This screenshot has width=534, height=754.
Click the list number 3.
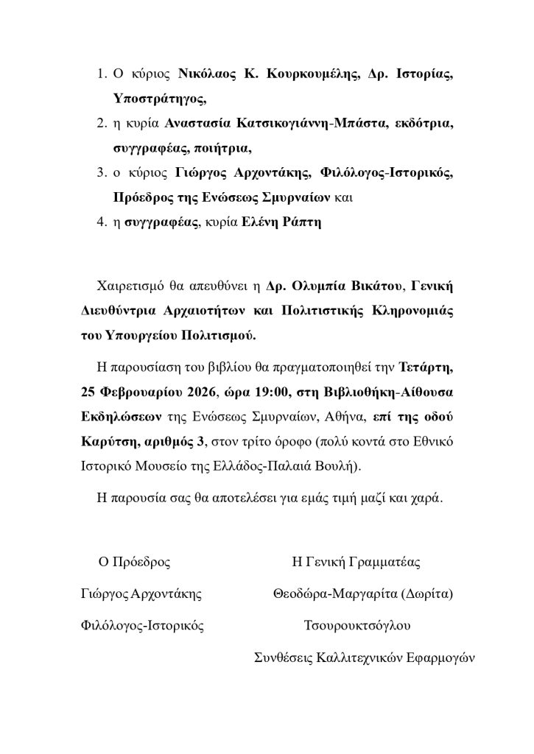[x=101, y=172]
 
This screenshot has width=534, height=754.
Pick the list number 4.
[x=102, y=221]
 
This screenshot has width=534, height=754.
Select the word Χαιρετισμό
[x=129, y=285]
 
